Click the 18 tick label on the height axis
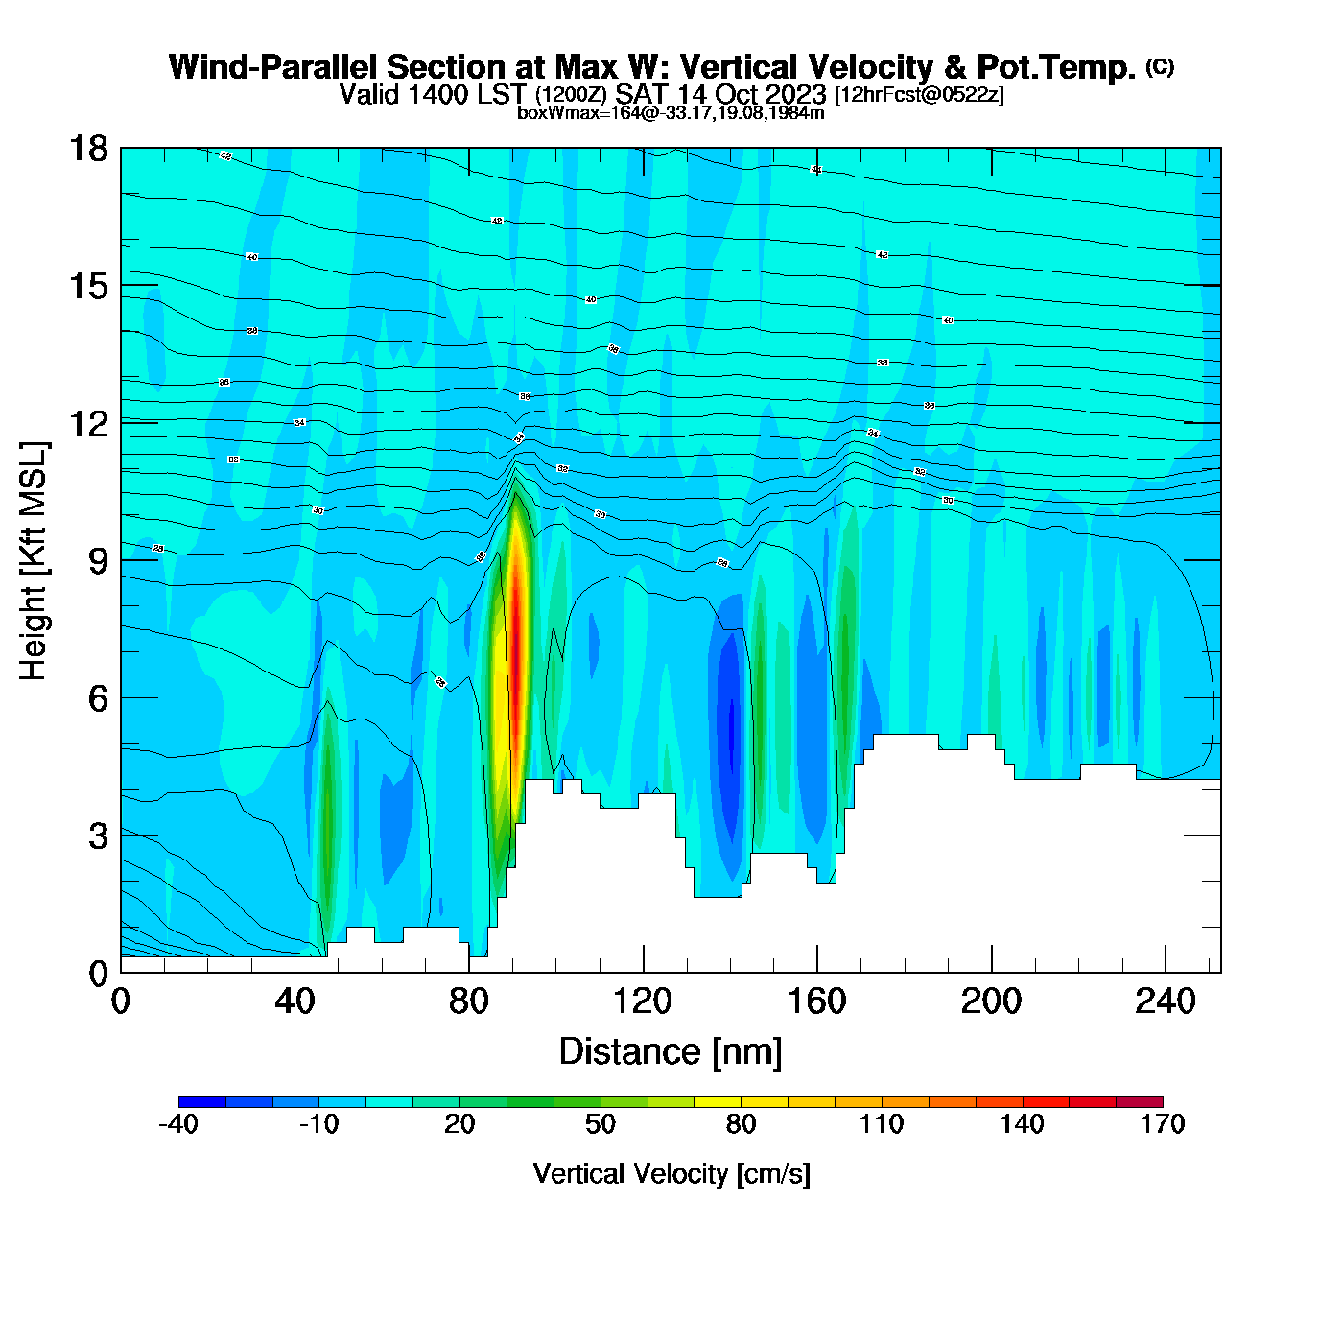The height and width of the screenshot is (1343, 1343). [87, 149]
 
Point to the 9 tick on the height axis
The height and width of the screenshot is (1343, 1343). [87, 560]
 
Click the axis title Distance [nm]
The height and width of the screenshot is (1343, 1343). [671, 1052]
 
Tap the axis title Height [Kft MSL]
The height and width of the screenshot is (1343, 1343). [35, 560]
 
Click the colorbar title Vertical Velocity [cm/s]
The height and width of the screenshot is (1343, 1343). [671, 1173]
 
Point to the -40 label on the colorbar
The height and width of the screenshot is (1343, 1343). [178, 1124]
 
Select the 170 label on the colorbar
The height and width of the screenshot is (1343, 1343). [1163, 1124]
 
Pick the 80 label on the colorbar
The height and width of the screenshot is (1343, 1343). [741, 1124]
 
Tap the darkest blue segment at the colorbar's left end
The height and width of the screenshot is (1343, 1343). [202, 1102]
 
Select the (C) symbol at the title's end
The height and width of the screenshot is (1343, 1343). [1160, 66]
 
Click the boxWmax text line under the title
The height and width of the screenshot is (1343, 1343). [671, 112]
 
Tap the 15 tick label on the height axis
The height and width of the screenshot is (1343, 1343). [87, 286]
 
